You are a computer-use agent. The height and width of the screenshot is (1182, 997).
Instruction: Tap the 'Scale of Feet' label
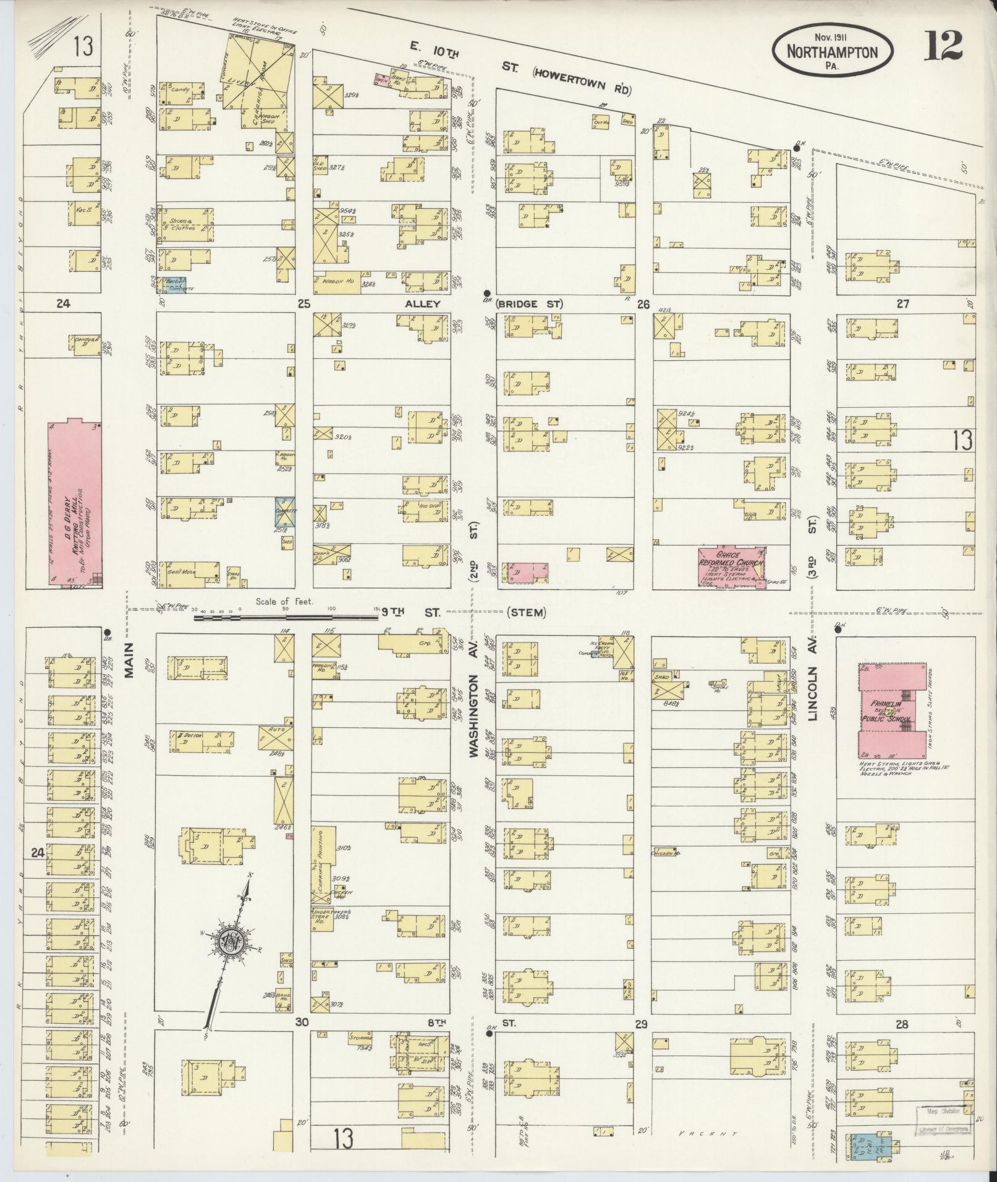tap(285, 601)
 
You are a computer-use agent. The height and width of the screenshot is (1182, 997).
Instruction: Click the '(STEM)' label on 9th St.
tap(526, 613)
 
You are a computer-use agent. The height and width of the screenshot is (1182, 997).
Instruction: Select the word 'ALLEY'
tap(422, 304)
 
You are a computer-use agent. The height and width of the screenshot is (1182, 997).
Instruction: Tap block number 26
tap(643, 304)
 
